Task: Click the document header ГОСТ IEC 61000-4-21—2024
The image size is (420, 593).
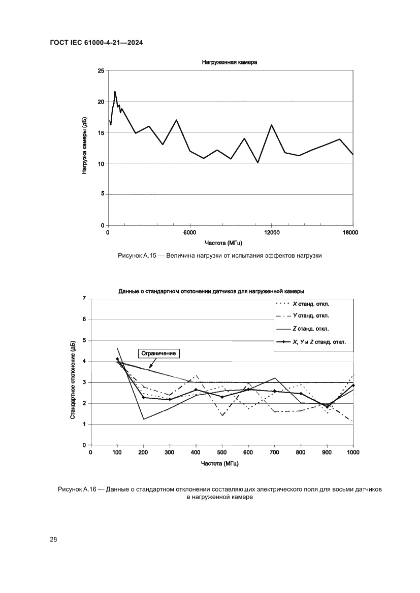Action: coord(96,43)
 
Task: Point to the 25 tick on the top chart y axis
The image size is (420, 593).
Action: coord(101,71)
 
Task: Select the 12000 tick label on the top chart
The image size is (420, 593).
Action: coord(271,233)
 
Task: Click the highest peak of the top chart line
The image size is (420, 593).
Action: coord(115,92)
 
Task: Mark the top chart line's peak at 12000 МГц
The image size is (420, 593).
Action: coord(272,125)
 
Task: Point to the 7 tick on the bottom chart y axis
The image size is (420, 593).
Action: coord(84,298)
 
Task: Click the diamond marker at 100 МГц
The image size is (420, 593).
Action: coord(117,359)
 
